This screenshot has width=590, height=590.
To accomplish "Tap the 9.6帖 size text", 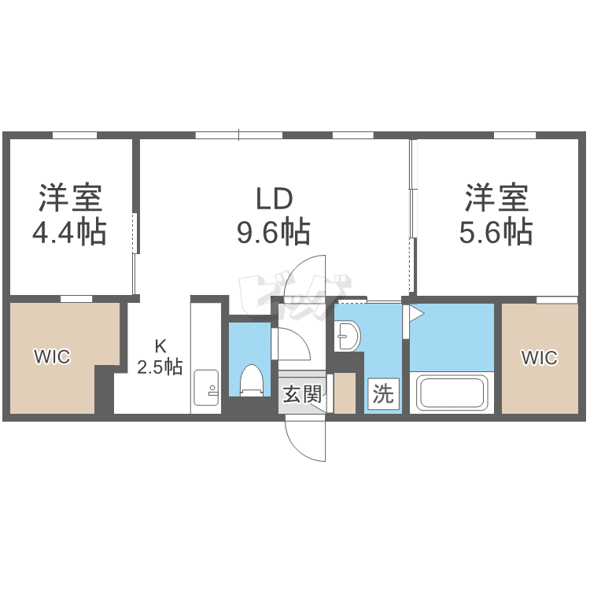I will [x=273, y=232].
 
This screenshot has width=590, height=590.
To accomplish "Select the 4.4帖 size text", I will [x=70, y=232].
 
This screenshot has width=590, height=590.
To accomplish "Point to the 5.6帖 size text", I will [x=496, y=232].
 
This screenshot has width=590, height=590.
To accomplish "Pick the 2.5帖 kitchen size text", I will [x=160, y=367].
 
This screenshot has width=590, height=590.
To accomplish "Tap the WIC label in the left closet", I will [x=52, y=357].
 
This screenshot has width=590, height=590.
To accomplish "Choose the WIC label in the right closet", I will [x=540, y=358].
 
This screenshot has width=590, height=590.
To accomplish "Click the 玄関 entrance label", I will [x=302, y=393].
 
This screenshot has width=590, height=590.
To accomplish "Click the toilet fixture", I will [x=251, y=379].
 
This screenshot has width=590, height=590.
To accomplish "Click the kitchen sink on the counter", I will [x=206, y=385].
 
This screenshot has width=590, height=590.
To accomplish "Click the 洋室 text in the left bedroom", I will [x=70, y=197].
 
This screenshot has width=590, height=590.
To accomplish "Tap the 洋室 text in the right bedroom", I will [x=496, y=197].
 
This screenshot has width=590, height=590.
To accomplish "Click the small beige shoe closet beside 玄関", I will [x=345, y=393].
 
